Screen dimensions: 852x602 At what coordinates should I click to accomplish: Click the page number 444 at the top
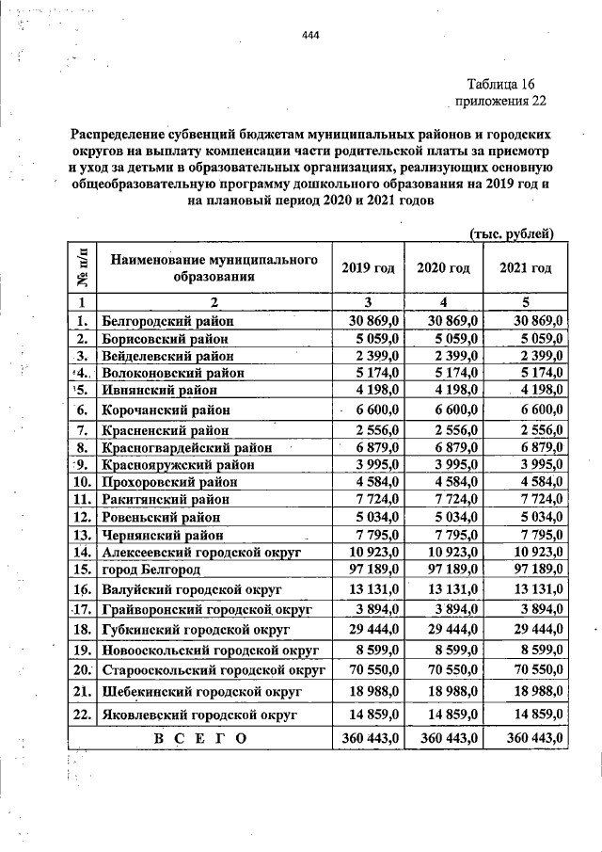(311, 36)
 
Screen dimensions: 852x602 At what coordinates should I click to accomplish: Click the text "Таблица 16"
(507, 85)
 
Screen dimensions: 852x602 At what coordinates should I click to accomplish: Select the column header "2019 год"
(368, 268)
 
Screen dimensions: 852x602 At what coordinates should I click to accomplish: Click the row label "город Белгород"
(153, 570)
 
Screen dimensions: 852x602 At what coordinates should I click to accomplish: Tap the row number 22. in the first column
(82, 715)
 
